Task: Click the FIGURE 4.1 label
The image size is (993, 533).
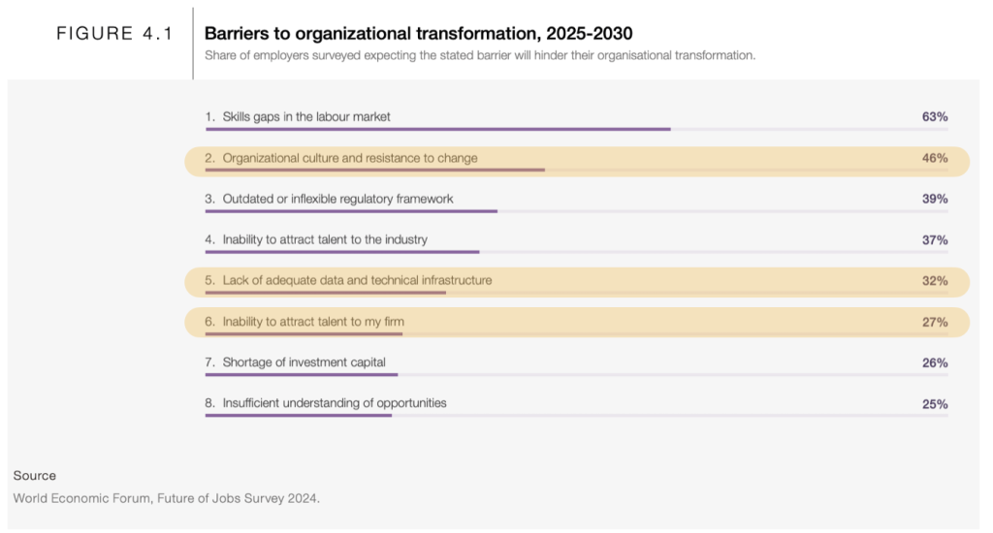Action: (113, 34)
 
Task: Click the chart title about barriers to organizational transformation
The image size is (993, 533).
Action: (418, 34)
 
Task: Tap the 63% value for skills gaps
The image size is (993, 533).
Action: (934, 116)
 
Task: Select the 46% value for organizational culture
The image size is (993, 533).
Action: (934, 158)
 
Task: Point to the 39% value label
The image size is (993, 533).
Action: (934, 199)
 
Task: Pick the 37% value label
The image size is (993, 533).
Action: (934, 239)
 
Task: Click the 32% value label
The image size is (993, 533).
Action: (934, 281)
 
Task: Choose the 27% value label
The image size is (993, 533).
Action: (934, 322)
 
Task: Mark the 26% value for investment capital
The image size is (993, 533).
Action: (934, 362)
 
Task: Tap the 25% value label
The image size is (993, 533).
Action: (934, 404)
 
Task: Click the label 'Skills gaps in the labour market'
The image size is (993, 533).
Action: (306, 116)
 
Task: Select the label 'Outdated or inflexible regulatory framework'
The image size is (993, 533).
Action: (337, 199)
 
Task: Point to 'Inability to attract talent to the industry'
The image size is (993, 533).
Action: (325, 239)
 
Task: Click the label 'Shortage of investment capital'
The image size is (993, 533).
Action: (310, 362)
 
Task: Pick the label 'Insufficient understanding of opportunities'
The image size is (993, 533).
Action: (335, 403)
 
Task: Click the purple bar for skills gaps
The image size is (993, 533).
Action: (437, 129)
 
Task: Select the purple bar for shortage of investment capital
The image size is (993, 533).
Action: (301, 374)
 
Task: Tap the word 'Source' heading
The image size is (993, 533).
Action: (35, 476)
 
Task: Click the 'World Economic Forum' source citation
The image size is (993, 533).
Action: (166, 498)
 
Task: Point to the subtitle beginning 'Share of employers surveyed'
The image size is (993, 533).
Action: (479, 55)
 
